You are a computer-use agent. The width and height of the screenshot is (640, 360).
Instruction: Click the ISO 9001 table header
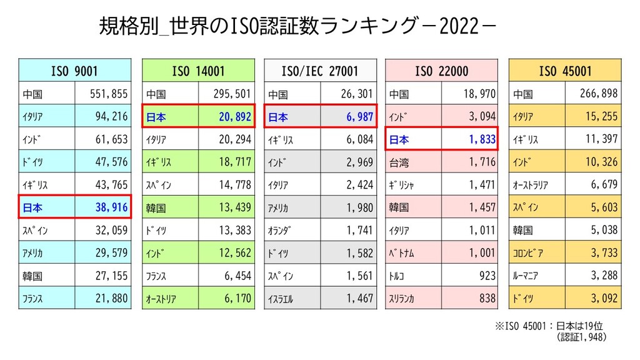click(74, 71)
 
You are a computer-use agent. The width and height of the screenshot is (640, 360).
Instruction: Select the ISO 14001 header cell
click(198, 71)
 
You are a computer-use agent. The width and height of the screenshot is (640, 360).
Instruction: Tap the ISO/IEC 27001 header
click(320, 71)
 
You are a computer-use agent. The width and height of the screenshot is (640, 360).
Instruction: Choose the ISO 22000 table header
click(441, 71)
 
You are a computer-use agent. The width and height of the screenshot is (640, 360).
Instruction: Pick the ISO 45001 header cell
click(565, 71)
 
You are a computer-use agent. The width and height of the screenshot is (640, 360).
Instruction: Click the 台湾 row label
click(399, 162)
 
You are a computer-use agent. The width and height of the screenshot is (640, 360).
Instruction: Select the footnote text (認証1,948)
click(582, 337)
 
